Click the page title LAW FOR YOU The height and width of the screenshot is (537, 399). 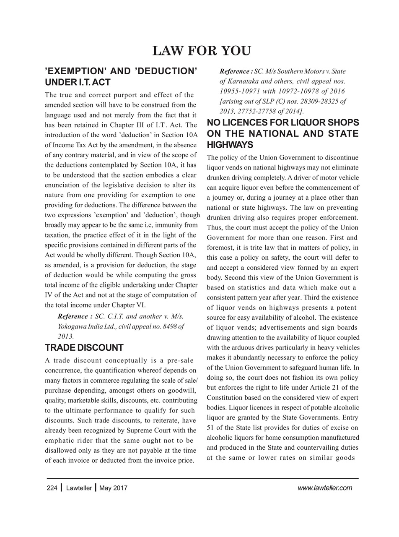202,51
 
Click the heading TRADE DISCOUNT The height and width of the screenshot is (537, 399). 84,348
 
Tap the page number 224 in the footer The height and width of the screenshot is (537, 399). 52,488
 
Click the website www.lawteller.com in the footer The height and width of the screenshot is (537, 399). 325,488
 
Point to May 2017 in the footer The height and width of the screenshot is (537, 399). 114,488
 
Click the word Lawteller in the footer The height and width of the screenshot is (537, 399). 79,488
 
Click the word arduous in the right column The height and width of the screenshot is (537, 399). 247,347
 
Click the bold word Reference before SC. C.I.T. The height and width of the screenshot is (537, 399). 75,316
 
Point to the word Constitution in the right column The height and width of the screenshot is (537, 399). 226,397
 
